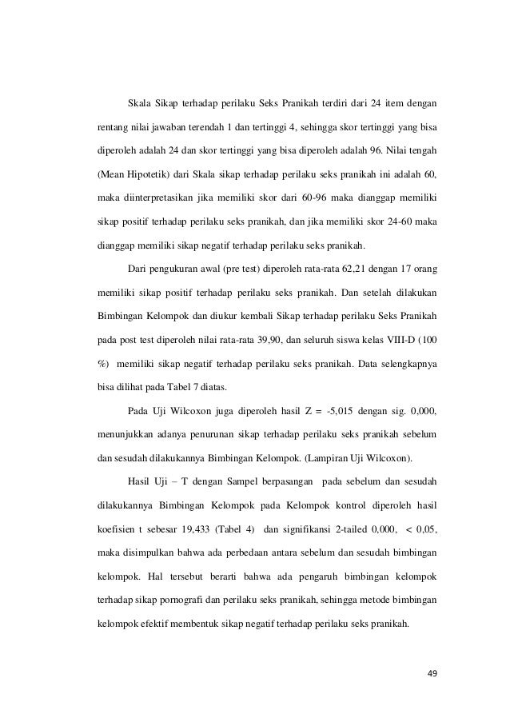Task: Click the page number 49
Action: point(432,672)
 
